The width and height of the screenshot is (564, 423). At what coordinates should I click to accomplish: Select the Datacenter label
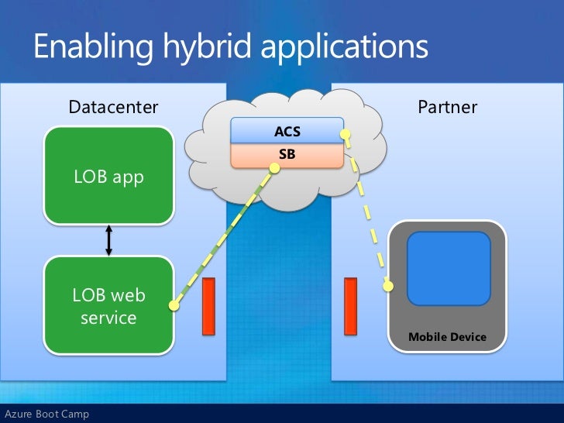[113, 106]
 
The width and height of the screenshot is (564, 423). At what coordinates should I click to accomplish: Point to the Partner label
[448, 106]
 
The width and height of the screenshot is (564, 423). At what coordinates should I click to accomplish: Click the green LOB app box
[108, 177]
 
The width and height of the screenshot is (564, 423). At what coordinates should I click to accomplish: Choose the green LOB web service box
[108, 305]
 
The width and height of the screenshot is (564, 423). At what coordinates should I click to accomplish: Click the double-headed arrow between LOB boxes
[108, 240]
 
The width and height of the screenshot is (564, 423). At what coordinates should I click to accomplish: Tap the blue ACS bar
[287, 132]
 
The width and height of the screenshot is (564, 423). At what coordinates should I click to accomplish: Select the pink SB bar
[287, 155]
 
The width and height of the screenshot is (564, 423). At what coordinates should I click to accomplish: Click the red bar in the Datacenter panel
[208, 307]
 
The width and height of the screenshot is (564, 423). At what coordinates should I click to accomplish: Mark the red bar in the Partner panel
[350, 307]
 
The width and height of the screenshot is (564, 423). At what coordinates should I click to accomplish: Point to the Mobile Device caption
[447, 337]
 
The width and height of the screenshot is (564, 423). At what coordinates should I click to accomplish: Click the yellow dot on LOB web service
[174, 307]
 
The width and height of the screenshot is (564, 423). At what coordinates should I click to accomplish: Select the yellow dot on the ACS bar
[346, 135]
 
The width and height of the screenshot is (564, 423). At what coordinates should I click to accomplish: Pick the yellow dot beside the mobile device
[388, 286]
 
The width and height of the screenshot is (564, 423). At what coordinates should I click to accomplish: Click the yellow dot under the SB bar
[273, 170]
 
